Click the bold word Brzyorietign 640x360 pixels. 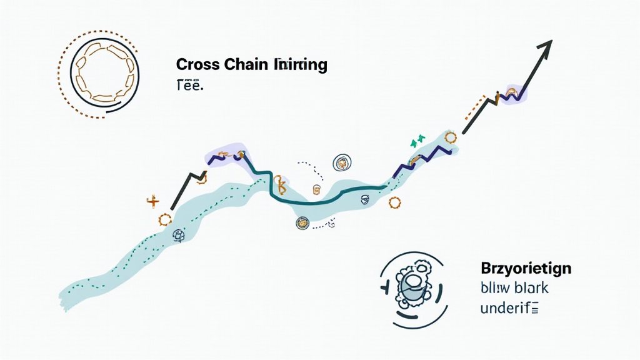pyautogui.click(x=526, y=269)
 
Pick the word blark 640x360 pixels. pyautogui.click(x=529, y=288)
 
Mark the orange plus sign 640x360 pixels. pyautogui.click(x=152, y=201)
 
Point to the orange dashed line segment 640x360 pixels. pyautogui.click(x=475, y=107)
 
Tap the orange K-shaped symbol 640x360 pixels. pyautogui.click(x=280, y=184)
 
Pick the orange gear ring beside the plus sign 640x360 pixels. pyautogui.click(x=165, y=219)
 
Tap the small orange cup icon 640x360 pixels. pyautogui.click(x=316, y=190)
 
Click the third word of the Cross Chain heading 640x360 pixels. pyautogui.click(x=300, y=64)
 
